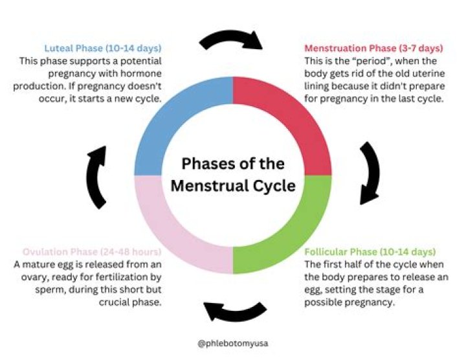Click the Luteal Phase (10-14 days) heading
tap(103, 48)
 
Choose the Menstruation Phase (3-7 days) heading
tap(374, 48)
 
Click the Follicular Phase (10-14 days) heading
tap(370, 252)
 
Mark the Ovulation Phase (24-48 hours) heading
tap(92, 252)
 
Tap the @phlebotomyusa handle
tap(233, 344)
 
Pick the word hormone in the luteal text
tap(141, 73)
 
